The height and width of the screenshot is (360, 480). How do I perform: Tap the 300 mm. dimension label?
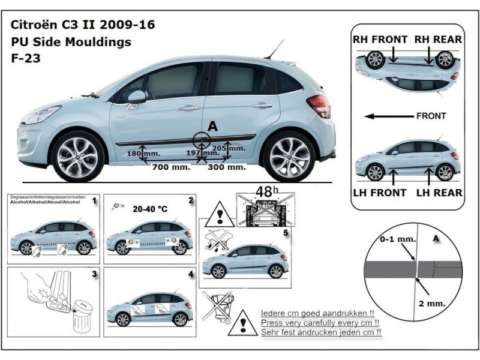point(227,167)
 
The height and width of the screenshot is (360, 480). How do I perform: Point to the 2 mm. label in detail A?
point(433,304)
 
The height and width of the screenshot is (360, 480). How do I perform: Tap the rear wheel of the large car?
point(290,156)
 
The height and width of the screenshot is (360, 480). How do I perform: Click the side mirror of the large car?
point(136,97)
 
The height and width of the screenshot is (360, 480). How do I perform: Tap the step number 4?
point(190,274)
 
